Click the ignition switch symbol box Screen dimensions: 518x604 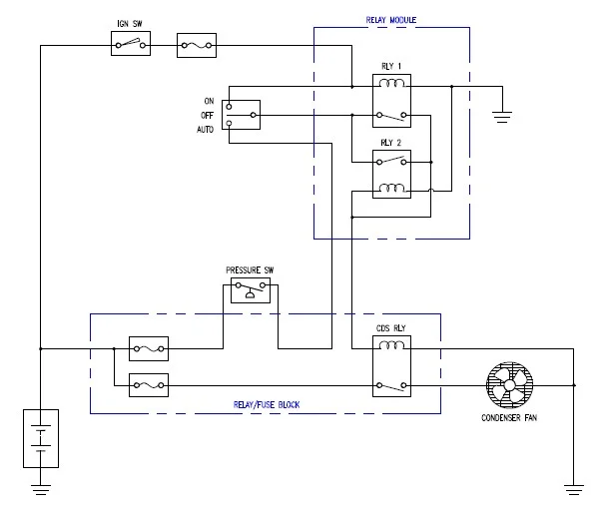tap(131, 44)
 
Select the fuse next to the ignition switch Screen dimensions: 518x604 tap(196, 44)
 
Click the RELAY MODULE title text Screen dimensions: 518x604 tap(392, 20)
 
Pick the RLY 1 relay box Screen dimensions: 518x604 tap(392, 101)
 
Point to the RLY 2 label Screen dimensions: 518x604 tap(391, 141)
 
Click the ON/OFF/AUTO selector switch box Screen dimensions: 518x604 tap(243, 115)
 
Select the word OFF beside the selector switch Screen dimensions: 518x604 tap(208, 116)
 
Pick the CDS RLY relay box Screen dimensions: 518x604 tap(391, 365)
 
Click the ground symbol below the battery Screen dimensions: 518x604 tap(40, 488)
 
